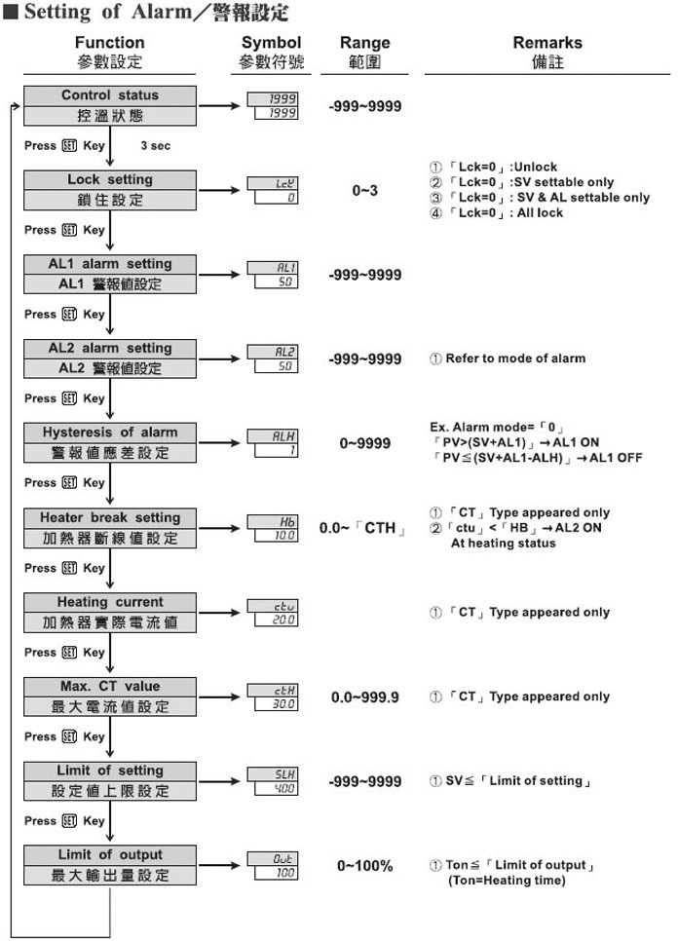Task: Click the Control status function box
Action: [110, 105]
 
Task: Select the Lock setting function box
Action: [110, 190]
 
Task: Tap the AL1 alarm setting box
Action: [110, 274]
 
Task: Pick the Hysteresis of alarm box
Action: [110, 442]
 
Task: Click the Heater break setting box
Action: [110, 528]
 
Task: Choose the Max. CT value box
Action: [110, 696]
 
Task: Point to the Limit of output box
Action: [110, 865]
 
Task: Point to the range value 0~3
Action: [364, 191]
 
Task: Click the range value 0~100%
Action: [365, 865]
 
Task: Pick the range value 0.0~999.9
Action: [365, 696]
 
